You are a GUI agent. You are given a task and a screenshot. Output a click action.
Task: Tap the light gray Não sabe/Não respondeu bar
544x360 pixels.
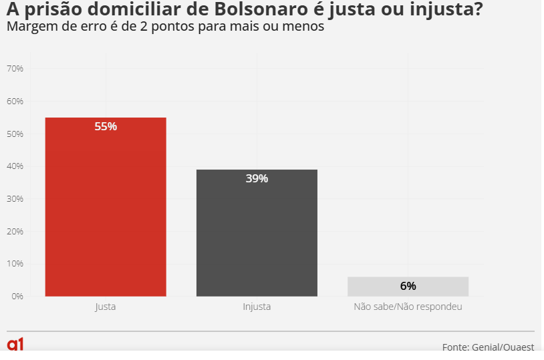408,287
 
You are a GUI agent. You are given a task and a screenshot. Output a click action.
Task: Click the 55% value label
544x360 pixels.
106,126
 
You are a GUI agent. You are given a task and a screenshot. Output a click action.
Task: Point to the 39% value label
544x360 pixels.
257,178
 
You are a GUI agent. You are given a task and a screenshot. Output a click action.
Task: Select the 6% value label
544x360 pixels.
408,286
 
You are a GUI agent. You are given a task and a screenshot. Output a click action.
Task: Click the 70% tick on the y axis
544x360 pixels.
15,69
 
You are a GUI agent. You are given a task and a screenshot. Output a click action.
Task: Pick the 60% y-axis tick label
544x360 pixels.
15,102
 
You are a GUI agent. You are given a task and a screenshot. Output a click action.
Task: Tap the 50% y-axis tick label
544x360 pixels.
15,134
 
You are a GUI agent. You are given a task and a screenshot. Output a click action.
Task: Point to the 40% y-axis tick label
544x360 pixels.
15,166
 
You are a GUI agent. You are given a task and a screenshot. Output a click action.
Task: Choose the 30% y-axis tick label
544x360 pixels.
15,199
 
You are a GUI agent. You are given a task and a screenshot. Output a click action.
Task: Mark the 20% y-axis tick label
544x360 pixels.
15,232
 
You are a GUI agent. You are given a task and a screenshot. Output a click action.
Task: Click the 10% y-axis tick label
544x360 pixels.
15,264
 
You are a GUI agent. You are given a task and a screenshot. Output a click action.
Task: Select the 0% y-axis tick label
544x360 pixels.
17,297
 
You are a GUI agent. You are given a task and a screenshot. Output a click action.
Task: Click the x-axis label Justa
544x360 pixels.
106,307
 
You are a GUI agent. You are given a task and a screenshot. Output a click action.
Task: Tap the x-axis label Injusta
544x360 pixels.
257,307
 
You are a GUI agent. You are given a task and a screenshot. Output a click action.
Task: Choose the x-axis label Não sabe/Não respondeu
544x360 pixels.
408,307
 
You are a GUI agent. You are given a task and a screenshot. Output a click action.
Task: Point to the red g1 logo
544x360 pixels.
15,345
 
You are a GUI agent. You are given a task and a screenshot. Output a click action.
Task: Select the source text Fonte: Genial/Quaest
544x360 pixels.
488,347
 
